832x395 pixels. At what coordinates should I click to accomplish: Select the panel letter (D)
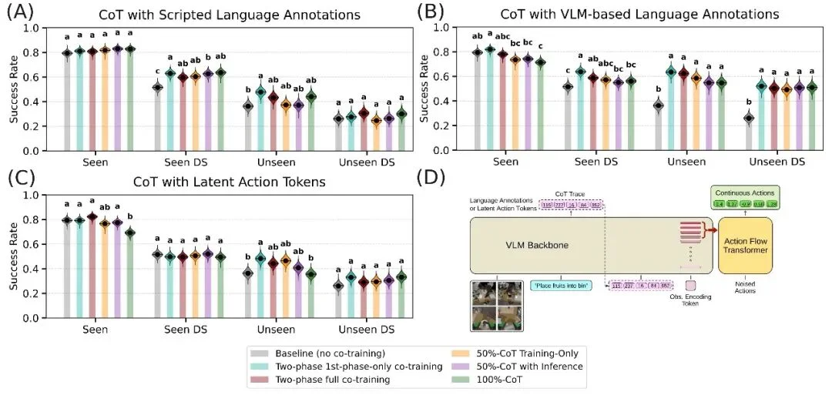pyautogui.click(x=431, y=179)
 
